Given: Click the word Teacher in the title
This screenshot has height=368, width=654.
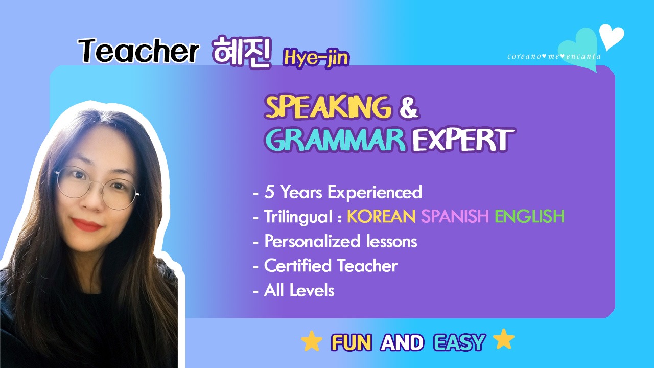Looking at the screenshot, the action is pos(138,51).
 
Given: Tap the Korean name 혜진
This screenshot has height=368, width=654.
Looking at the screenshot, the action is pos(242,52).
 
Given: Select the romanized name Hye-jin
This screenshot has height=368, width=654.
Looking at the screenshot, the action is pos(316,58).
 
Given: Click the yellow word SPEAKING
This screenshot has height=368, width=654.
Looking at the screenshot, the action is pos(328,107).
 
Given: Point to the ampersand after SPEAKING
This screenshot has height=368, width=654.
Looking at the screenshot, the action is pos(409,108).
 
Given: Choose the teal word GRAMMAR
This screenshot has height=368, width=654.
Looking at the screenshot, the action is pos(335,140).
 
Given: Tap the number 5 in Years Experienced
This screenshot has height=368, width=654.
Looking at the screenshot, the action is pos(269,192).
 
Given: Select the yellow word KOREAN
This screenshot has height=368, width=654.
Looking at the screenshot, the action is pos(381,216).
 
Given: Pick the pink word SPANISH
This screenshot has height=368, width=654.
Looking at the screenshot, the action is pos(455,216).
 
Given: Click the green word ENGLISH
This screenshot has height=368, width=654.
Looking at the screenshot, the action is pos(530,216).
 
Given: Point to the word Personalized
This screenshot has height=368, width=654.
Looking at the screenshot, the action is pos(312,242).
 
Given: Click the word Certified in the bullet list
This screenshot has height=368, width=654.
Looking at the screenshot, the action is pos(298,266).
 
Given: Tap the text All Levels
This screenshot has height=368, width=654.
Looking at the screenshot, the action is pos(299,291).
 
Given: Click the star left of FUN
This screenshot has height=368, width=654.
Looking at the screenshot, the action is pos(312,340).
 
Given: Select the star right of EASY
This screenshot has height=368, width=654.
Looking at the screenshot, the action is pos(504,339).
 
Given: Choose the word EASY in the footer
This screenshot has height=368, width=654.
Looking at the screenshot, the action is pos(459,342).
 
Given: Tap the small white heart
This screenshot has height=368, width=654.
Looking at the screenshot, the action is pos(612,36).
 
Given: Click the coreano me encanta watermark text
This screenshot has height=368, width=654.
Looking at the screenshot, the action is pos(554,56).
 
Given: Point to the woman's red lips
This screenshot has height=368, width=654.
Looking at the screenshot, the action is pos(87,224).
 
